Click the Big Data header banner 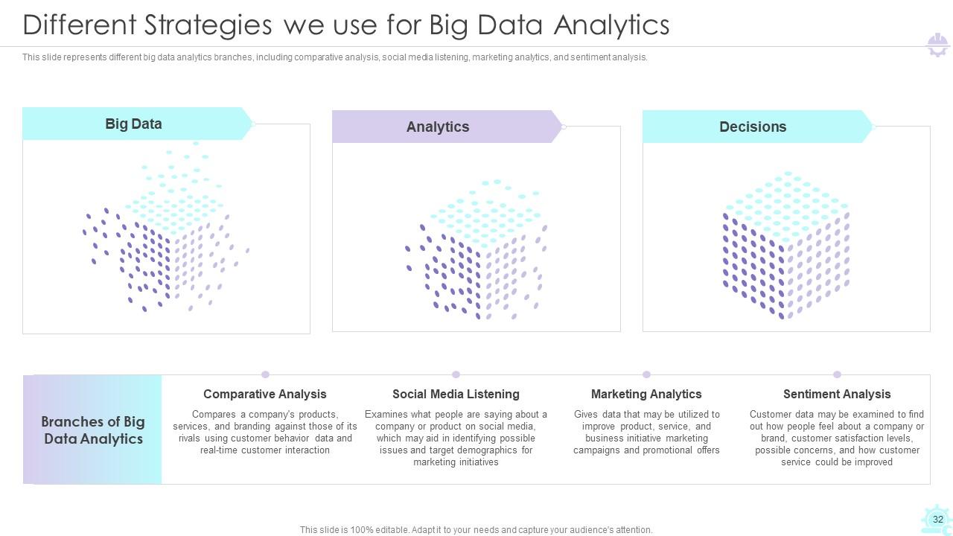(134, 124)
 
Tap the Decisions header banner (753, 127)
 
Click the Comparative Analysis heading (265, 394)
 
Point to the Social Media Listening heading (456, 394)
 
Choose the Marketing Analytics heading (646, 394)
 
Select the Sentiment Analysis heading (837, 394)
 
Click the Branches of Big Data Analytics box (93, 430)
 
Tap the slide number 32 (937, 520)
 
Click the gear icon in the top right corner (937, 45)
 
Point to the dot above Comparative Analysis (265, 374)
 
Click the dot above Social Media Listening (456, 374)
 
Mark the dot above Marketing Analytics (646, 374)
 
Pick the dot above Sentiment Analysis (837, 374)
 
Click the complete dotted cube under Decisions (786, 246)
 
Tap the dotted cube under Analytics (476, 249)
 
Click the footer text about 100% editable (476, 530)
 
